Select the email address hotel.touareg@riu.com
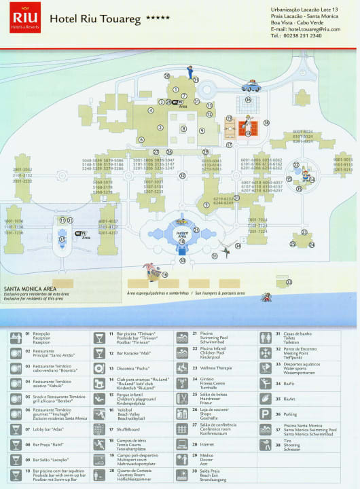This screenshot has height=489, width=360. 305,29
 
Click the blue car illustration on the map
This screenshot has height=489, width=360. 251,86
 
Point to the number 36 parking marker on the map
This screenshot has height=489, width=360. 249,100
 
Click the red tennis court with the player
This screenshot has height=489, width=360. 248,126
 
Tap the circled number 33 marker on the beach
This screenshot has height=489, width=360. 289,282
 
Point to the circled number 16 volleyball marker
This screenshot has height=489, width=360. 164,274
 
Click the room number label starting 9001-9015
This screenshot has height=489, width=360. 342,164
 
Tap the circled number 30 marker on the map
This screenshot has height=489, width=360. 181,260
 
